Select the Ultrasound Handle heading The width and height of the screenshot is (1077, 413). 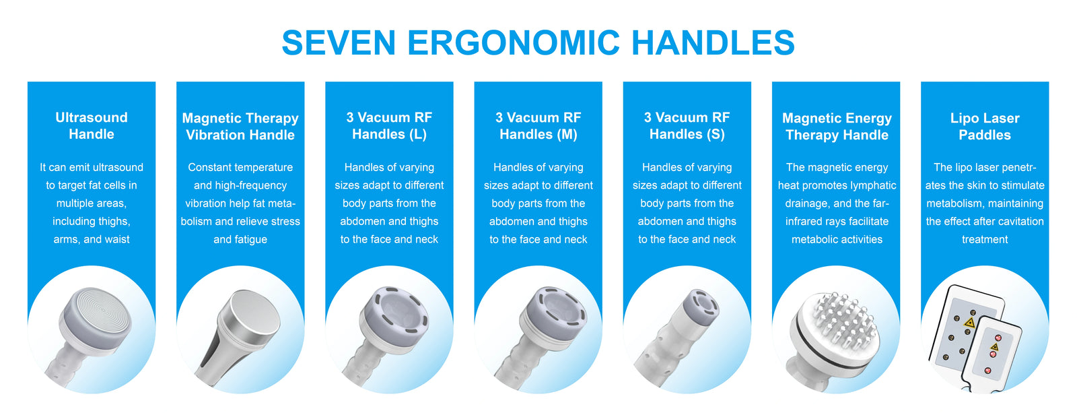(92, 125)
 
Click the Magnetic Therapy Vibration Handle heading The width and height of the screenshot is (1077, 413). (240, 126)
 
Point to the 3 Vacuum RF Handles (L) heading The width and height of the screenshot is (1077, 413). (390, 125)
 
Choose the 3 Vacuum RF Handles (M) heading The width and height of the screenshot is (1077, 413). (538, 125)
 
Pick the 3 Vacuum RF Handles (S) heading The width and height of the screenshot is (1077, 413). (687, 125)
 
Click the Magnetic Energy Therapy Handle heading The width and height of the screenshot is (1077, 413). (837, 126)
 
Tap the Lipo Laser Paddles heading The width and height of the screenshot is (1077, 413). (985, 126)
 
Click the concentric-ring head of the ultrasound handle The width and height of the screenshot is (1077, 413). (96, 315)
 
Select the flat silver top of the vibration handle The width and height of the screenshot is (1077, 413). (255, 312)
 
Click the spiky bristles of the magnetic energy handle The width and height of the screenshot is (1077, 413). (844, 320)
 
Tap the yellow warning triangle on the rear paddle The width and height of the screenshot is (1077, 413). (969, 323)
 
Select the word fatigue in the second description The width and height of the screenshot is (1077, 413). (250, 239)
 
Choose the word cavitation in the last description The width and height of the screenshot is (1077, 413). (1020, 222)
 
